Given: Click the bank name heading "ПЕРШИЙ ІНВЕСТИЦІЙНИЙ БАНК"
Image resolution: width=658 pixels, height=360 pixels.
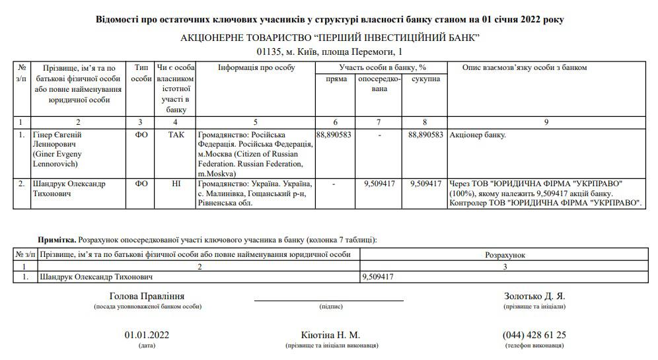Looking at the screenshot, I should (330, 38).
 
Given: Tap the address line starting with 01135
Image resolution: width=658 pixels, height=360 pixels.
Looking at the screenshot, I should (328, 52).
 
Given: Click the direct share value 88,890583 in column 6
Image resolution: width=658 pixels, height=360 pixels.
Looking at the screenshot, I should (334, 135).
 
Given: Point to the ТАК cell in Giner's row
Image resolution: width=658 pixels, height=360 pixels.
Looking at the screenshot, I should (176, 135).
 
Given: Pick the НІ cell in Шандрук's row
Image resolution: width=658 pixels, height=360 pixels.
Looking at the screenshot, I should (176, 184).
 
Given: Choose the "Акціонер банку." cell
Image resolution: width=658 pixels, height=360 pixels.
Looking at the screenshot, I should (478, 135).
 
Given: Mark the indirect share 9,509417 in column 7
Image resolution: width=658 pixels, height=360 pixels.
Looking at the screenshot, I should (379, 184).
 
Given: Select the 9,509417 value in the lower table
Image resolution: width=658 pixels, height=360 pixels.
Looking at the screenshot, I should (378, 277).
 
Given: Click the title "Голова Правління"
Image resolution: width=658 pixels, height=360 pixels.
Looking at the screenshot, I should (147, 296).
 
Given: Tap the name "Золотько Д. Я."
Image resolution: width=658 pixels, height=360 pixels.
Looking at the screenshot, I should (534, 296).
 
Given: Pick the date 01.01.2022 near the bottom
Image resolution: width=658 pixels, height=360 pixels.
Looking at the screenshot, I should (147, 335).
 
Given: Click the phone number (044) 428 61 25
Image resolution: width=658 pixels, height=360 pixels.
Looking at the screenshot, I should (534, 335).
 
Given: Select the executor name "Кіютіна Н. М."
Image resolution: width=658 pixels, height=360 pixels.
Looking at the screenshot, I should (330, 335).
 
